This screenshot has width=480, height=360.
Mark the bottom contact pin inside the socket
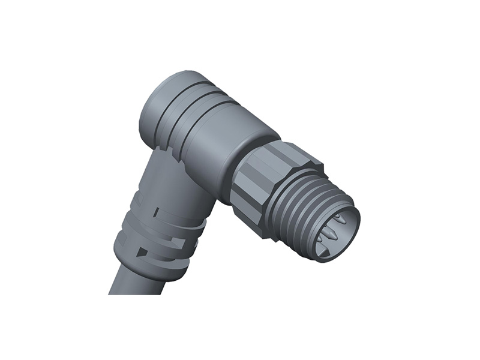327,252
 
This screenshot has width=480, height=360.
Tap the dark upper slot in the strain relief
157,213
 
